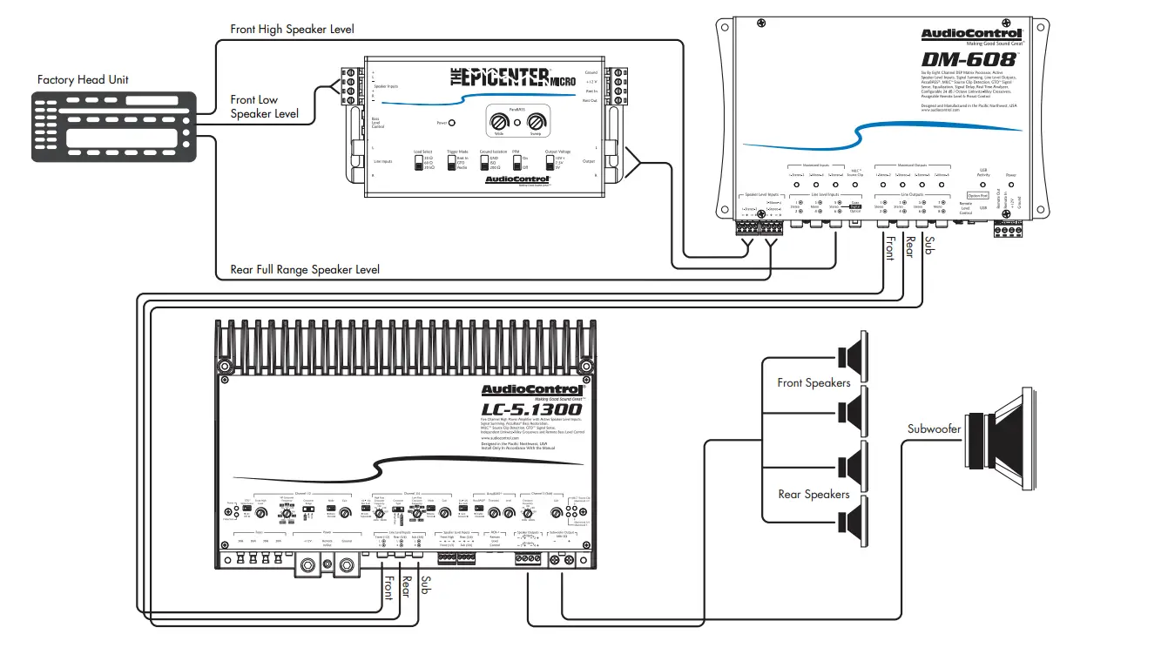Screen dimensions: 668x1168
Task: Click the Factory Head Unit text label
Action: click(x=83, y=80)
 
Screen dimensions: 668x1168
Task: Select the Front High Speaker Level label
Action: click(x=292, y=30)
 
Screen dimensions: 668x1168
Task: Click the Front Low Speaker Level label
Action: click(x=265, y=107)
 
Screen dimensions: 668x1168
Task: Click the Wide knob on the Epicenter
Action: click(x=500, y=122)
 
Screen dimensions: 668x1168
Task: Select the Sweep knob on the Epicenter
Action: click(x=535, y=122)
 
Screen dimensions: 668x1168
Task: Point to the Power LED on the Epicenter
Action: click(x=452, y=124)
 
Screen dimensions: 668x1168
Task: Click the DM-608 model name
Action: click(x=981, y=60)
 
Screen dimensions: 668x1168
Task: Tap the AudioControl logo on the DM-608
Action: click(x=984, y=34)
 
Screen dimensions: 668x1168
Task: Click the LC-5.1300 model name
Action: click(x=531, y=409)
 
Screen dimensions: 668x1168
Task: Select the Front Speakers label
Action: click(x=814, y=383)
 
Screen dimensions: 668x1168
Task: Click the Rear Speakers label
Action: click(x=814, y=495)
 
